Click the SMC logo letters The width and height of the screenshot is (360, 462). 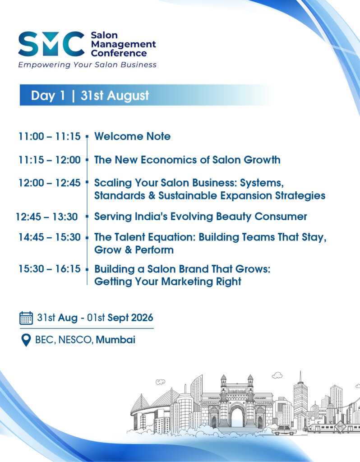point(51,44)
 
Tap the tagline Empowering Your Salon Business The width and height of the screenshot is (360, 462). point(87,65)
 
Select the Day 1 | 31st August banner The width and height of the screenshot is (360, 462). point(145,95)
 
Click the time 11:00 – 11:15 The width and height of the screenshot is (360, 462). point(50,136)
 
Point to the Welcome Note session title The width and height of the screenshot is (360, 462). point(132,136)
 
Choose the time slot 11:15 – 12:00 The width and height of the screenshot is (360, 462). point(50,160)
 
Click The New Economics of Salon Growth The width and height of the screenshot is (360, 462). point(187,160)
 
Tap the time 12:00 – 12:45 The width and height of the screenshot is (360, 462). point(50,183)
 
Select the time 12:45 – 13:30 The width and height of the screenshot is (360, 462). point(46,217)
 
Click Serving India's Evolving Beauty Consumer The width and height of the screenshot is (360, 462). point(201,217)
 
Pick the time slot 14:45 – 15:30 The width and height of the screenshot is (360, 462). point(50,237)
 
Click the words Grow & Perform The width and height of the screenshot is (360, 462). point(134,250)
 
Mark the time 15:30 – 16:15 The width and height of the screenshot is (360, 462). point(50,269)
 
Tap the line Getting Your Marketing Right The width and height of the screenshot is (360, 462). point(168,282)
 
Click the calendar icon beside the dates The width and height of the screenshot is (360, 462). point(26,318)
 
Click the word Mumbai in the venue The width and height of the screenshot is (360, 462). point(115,340)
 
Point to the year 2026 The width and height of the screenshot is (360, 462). point(142,318)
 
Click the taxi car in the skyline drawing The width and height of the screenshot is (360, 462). point(284,430)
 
